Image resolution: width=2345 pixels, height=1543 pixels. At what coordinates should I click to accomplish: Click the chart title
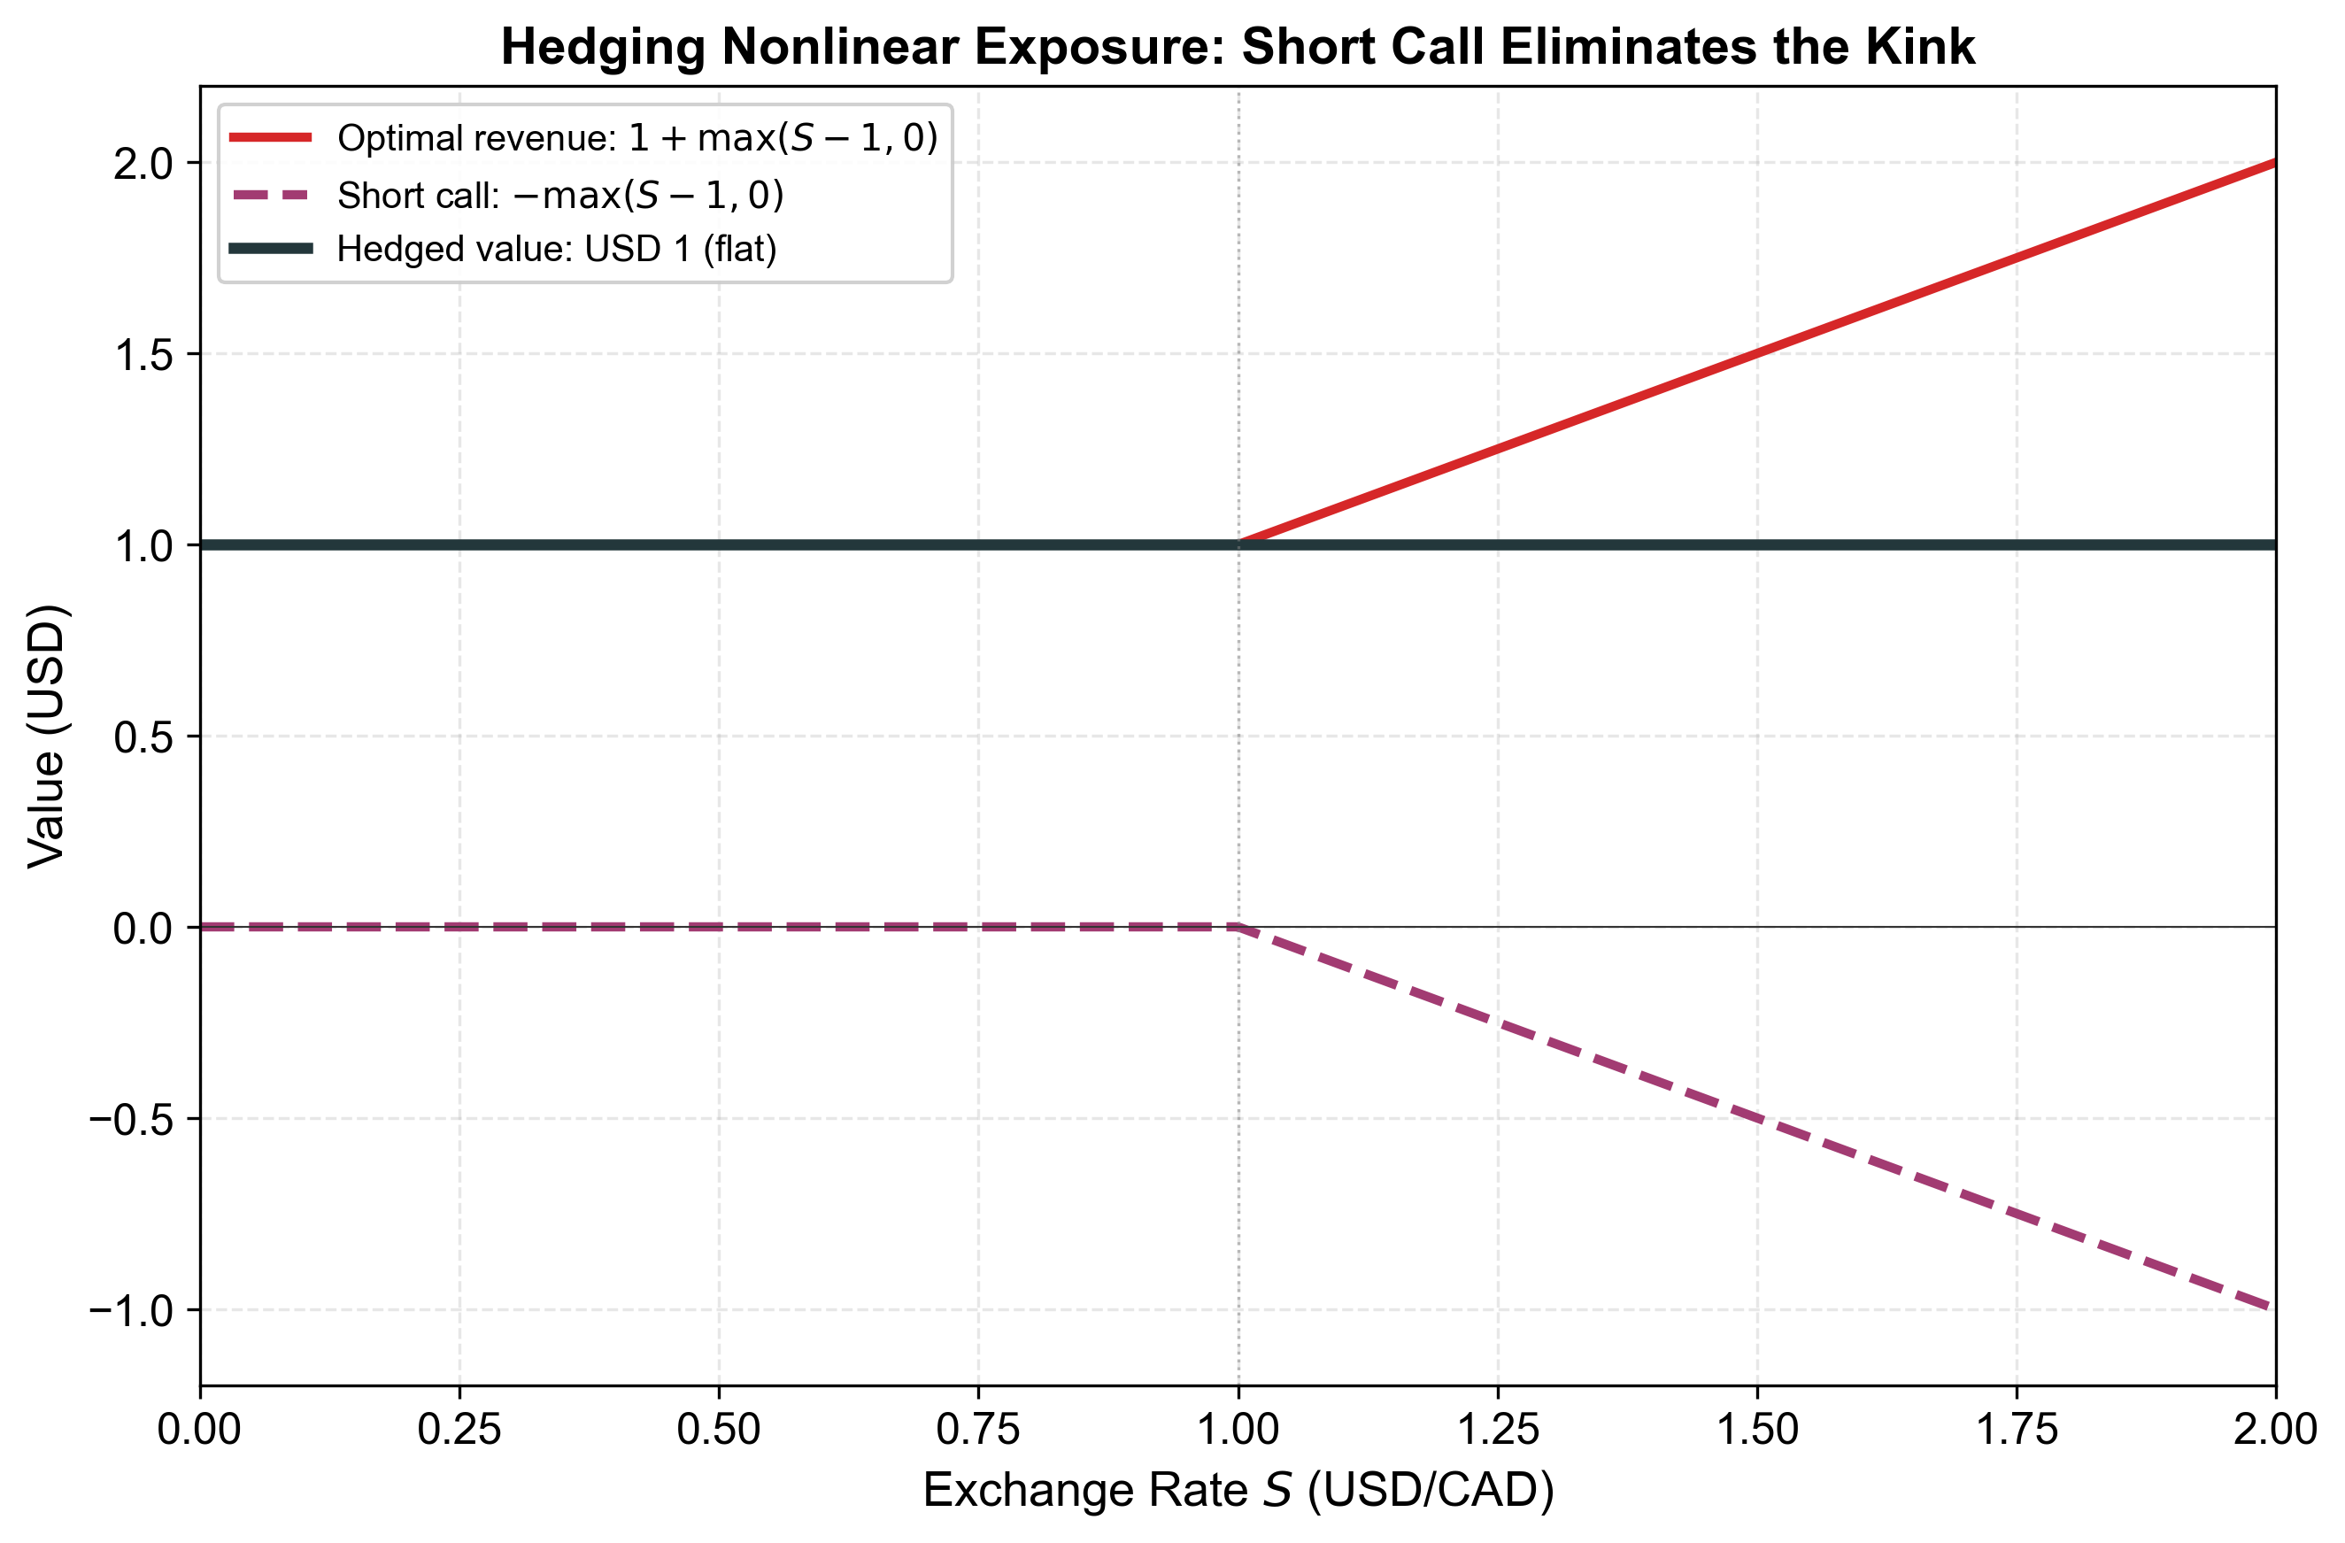[x=1238, y=47]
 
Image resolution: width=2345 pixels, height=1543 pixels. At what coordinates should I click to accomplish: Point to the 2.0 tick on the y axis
[x=144, y=164]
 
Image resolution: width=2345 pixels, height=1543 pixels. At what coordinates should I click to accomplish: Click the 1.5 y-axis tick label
[x=144, y=355]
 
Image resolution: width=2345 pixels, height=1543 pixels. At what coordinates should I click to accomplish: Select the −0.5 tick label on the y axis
[x=132, y=1119]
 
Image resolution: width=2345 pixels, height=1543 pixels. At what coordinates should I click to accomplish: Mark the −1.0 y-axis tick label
[x=132, y=1310]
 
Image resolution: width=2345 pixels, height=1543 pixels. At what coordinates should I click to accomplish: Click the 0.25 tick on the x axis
[x=459, y=1430]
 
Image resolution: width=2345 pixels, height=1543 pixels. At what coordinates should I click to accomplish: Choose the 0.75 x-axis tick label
[x=978, y=1430]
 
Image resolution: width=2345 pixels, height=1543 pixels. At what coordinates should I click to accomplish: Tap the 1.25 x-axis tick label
[x=1498, y=1430]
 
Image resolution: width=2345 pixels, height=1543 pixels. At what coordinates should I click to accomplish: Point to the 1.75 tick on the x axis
[x=2017, y=1430]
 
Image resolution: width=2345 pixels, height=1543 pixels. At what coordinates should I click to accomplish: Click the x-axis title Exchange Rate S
[x=1238, y=1491]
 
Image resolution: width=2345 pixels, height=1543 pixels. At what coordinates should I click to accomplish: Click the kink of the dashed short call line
[x=1238, y=927]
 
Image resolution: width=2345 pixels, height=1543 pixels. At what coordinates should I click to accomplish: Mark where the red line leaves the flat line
[x=1239, y=543]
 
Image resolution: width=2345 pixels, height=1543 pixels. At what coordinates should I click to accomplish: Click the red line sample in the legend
[x=271, y=138]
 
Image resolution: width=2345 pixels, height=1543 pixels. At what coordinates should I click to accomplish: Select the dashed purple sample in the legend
[x=271, y=195]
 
